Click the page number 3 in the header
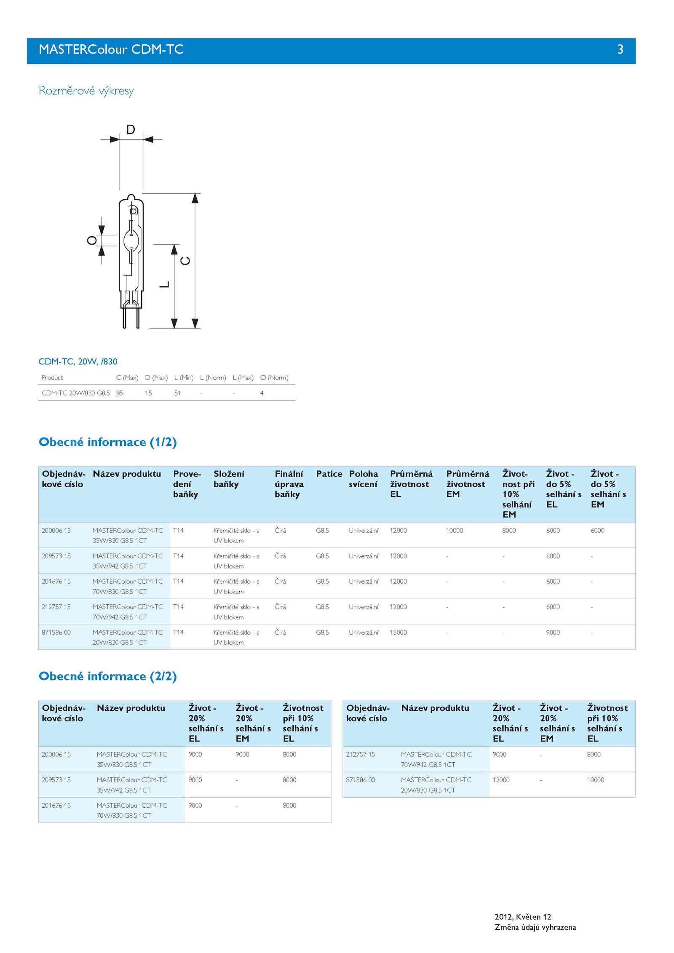click(620, 50)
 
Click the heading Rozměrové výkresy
click(86, 91)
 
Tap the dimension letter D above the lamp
click(131, 129)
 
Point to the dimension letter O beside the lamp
click(92, 240)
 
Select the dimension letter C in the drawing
click(185, 261)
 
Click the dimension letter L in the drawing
click(165, 285)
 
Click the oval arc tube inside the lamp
click(131, 240)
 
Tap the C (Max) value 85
click(120, 393)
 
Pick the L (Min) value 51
click(177, 393)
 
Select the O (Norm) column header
click(274, 378)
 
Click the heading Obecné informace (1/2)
click(107, 442)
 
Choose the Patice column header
click(329, 474)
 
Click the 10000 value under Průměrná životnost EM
click(455, 531)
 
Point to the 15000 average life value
click(398, 633)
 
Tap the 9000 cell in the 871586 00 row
click(553, 633)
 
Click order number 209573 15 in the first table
click(56, 556)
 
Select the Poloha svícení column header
click(364, 479)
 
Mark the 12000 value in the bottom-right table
click(501, 780)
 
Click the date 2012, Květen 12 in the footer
click(523, 917)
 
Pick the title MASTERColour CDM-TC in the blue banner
click(111, 50)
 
